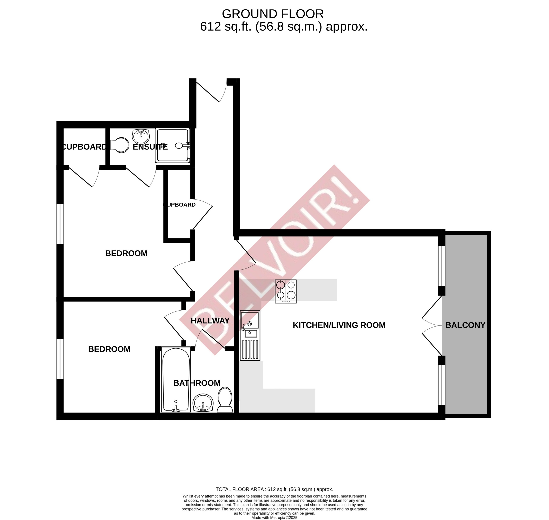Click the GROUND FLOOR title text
click(x=273, y=14)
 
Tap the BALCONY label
click(x=465, y=325)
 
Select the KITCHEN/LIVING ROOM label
click(x=339, y=325)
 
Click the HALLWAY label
click(x=210, y=321)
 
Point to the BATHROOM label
click(x=197, y=383)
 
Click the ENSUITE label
click(x=150, y=147)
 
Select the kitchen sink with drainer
click(x=250, y=335)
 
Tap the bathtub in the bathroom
click(x=176, y=379)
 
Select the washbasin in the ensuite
click(x=141, y=136)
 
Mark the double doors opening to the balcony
click(x=432, y=325)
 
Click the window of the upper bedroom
click(x=60, y=224)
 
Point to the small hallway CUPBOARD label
click(x=179, y=204)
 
